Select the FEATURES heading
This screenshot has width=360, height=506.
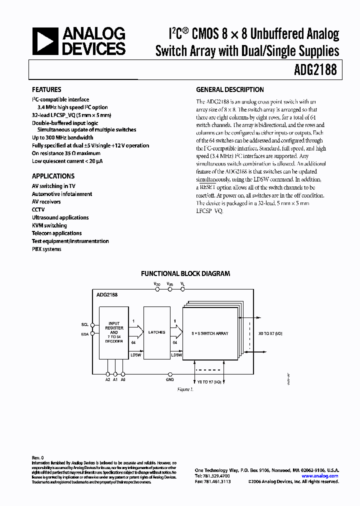[46, 89]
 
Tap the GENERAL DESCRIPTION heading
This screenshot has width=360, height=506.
[229, 89]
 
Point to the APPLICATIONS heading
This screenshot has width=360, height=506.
[53, 176]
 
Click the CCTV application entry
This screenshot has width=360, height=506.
[38, 209]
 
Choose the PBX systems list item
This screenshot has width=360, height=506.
[46, 249]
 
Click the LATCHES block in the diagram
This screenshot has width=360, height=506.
[156, 332]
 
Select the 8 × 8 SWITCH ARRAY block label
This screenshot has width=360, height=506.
[210, 333]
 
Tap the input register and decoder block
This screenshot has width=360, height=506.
[114, 332]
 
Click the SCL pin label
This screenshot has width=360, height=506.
[84, 324]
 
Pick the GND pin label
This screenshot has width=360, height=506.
[170, 380]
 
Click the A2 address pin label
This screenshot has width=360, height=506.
[108, 380]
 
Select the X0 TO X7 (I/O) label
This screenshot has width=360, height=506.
[270, 333]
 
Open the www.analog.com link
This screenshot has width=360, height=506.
[320, 476]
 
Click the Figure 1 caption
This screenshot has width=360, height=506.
[185, 389]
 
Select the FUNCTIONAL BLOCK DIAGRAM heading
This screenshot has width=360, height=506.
[185, 273]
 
